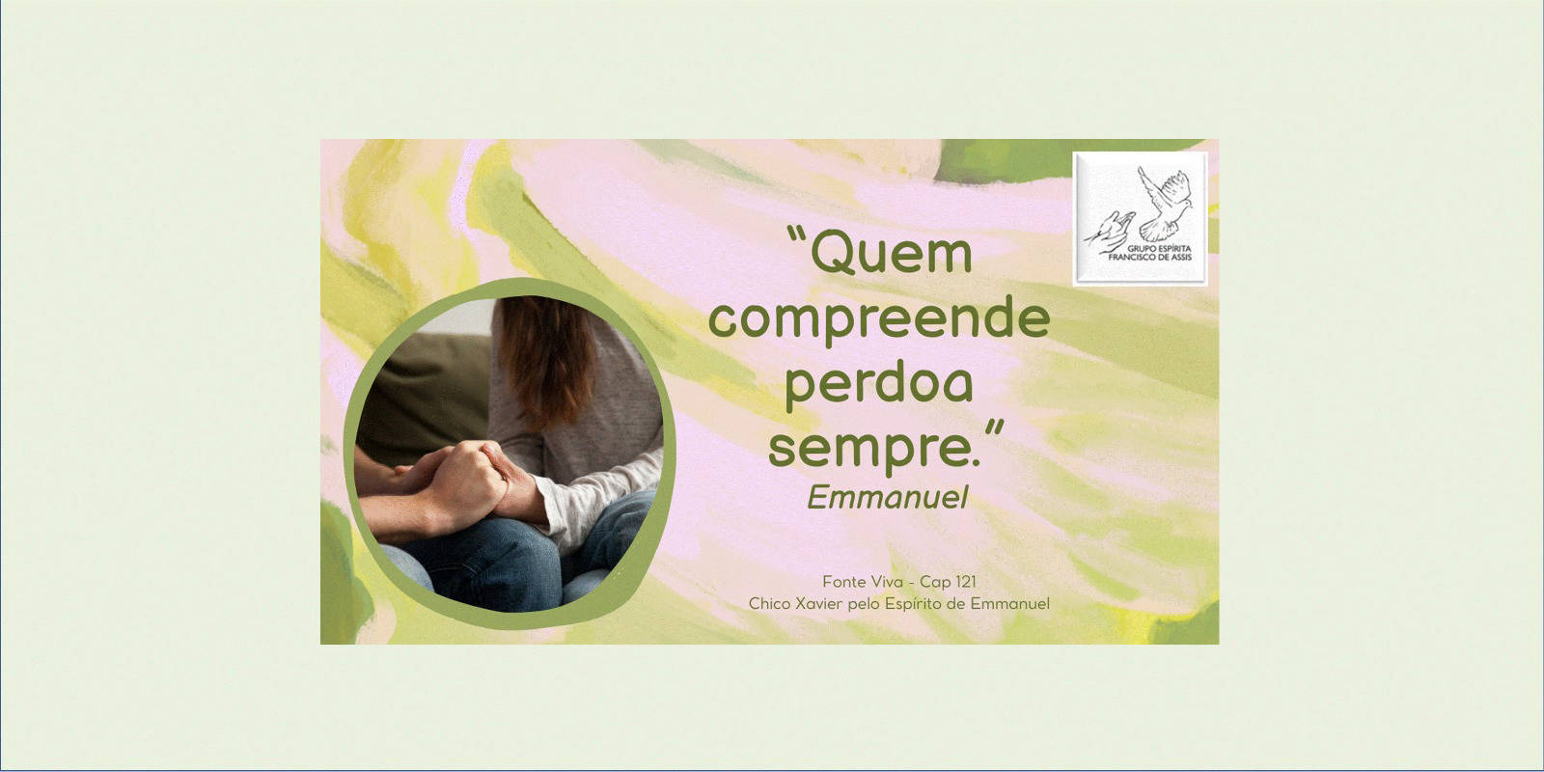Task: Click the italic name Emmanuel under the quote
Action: click(888, 497)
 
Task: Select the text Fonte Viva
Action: click(863, 582)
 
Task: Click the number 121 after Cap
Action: click(965, 582)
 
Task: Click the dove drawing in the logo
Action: click(1165, 204)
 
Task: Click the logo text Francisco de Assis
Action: click(1149, 257)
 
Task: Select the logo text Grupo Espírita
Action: click(1159, 248)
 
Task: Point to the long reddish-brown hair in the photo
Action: click(548, 358)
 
